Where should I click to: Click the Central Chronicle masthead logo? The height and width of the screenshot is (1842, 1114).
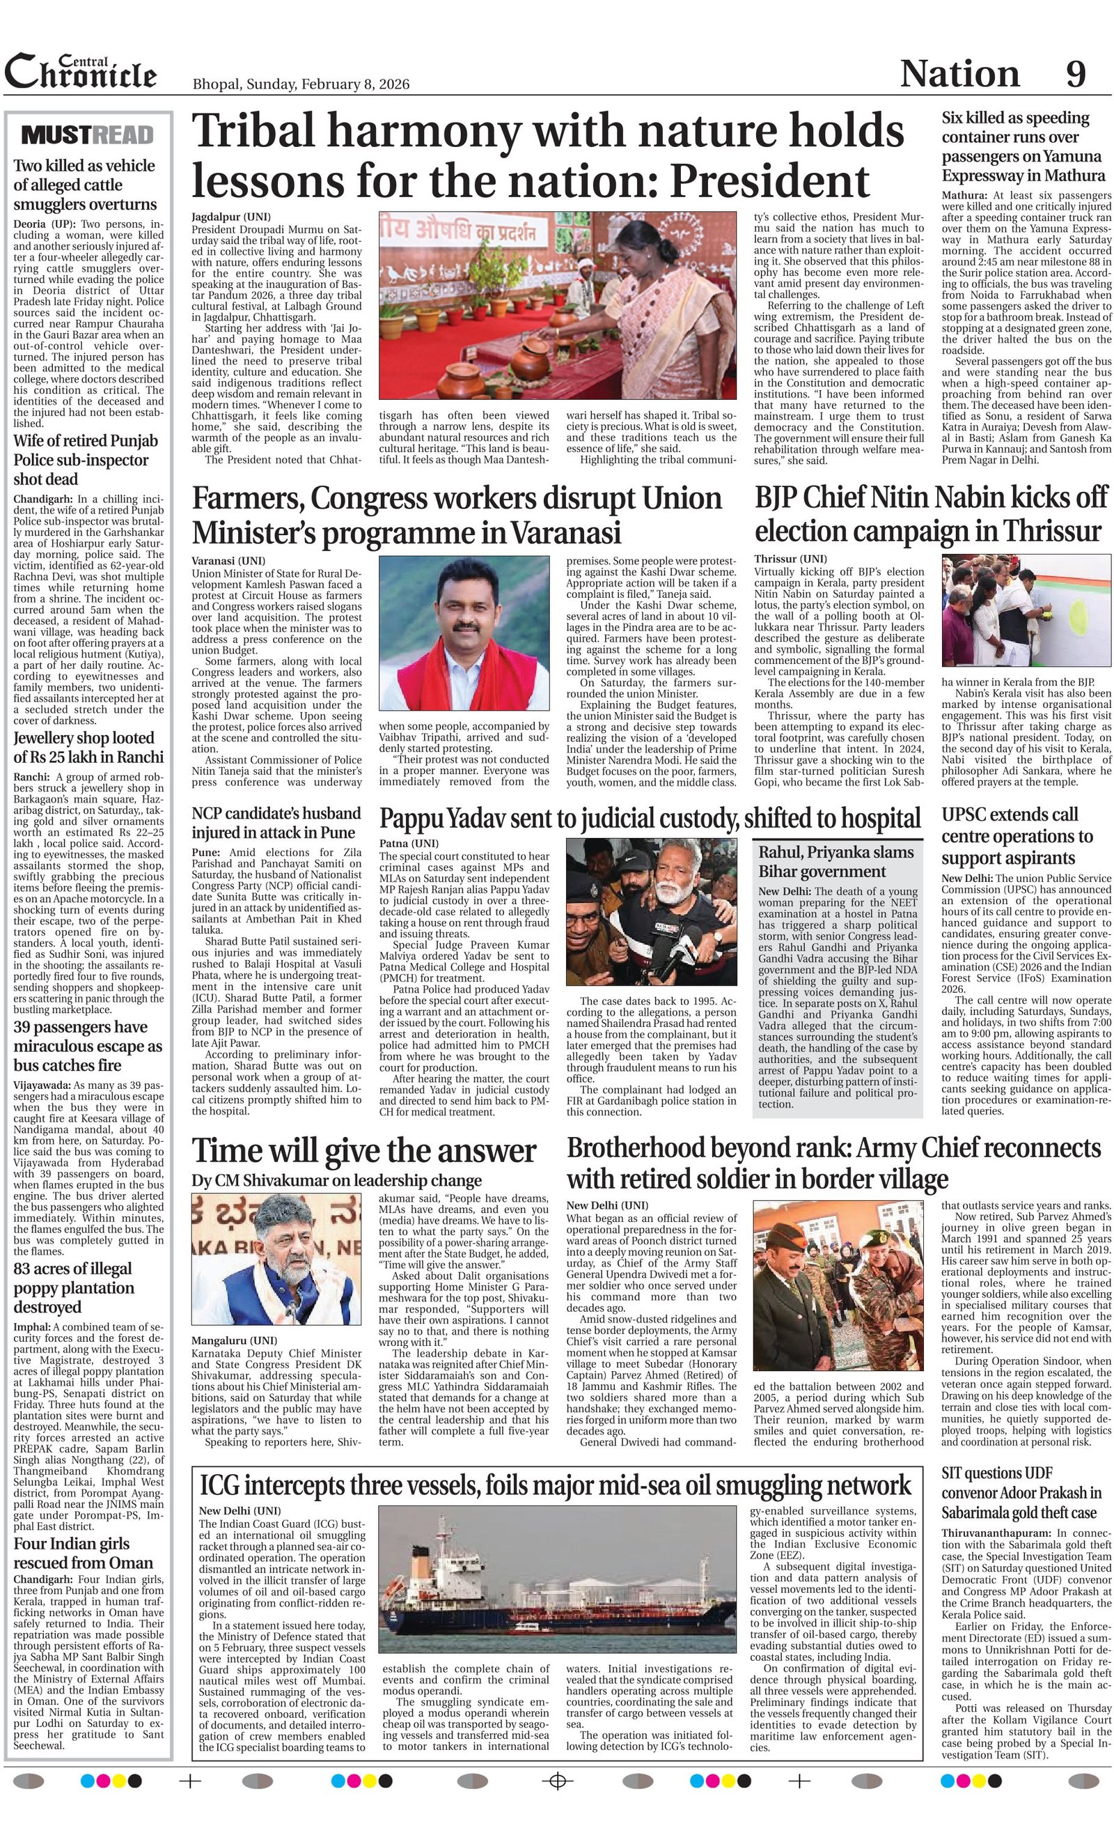click(81, 73)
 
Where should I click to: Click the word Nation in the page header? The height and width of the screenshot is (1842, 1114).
click(959, 74)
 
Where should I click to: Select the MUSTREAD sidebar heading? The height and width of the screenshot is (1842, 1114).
click(88, 134)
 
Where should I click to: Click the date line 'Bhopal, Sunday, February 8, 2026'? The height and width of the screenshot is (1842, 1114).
click(300, 84)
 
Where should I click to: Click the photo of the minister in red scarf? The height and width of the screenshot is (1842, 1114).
click(463, 635)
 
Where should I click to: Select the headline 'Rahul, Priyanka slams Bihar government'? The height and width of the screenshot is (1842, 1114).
click(836, 862)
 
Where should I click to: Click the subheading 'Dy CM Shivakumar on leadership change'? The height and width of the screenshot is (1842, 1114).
click(337, 1180)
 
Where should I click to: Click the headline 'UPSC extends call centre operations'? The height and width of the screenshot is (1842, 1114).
click(1017, 835)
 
